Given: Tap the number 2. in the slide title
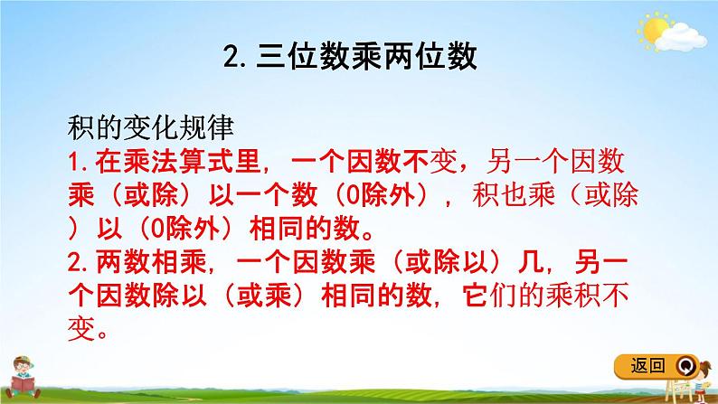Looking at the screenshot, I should [x=233, y=60].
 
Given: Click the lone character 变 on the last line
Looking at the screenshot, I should [x=80, y=329].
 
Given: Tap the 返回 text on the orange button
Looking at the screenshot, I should [x=649, y=365].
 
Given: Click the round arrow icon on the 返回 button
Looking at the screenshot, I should [x=686, y=366].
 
